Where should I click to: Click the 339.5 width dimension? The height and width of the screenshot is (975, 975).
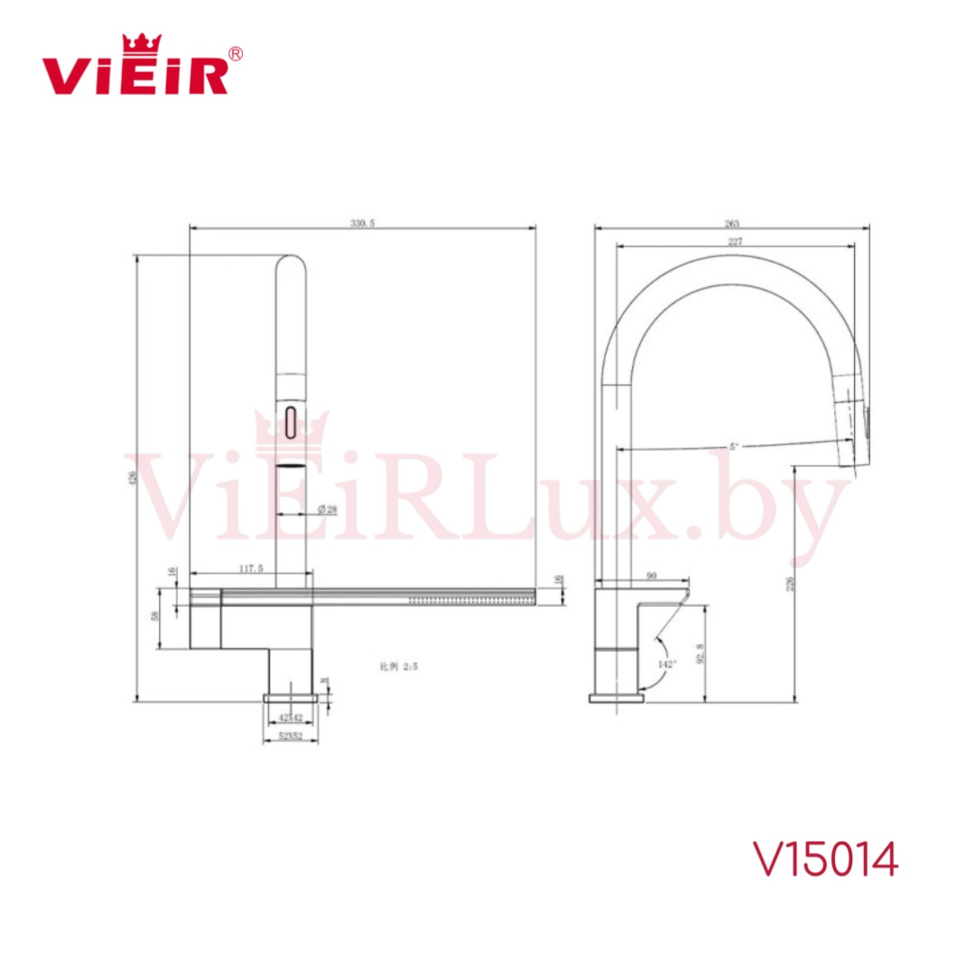tap(362, 223)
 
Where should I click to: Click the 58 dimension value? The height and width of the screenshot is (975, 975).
tap(156, 615)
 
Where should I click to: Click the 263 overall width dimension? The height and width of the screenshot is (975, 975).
tap(731, 223)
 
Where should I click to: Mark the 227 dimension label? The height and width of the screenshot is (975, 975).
tap(735, 242)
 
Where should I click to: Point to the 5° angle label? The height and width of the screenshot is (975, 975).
tap(734, 446)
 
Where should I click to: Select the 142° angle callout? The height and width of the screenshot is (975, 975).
tap(666, 664)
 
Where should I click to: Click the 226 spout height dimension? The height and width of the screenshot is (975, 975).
tap(790, 584)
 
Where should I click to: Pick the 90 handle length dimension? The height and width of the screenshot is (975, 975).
tap(651, 575)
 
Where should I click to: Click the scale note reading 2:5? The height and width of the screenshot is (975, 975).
tap(399, 666)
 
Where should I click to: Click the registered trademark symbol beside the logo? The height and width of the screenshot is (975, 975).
tap(235, 54)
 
